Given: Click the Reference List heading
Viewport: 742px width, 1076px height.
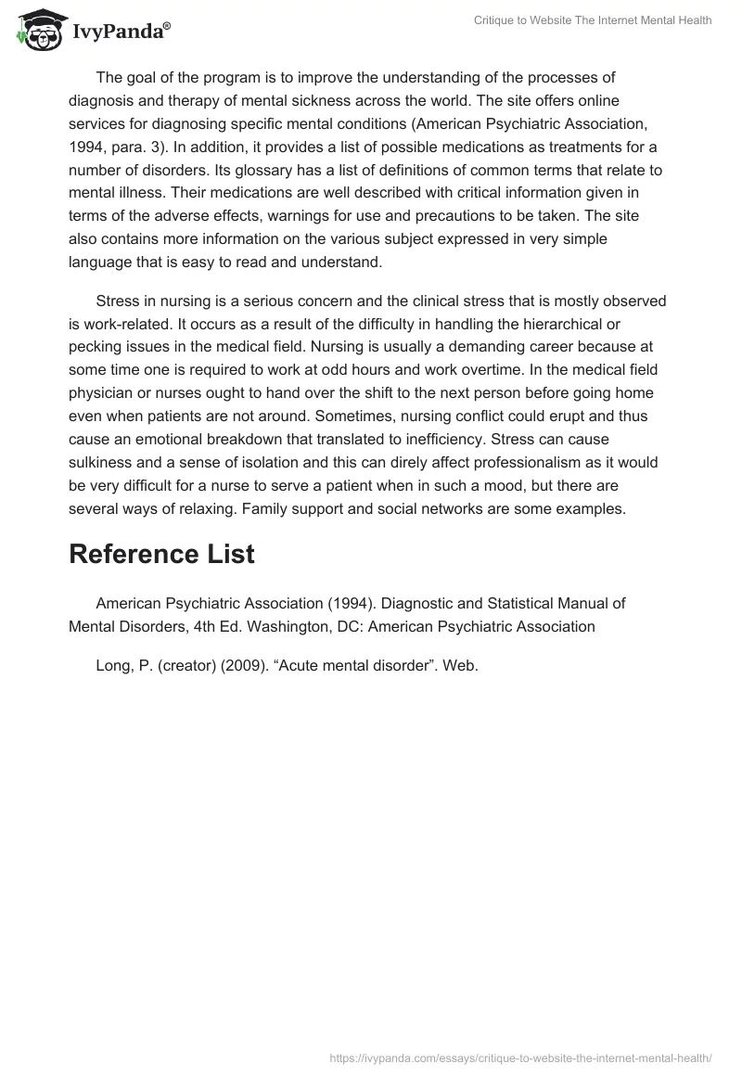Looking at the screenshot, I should coord(161,554).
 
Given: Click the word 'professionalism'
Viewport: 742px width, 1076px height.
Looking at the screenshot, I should coord(474,464).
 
